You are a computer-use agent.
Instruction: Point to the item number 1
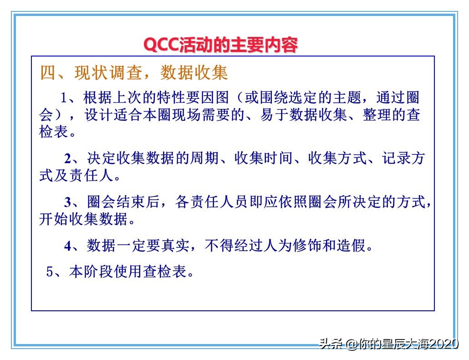click(64, 98)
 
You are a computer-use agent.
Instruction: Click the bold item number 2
click(68, 159)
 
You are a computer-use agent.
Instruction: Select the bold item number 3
click(68, 202)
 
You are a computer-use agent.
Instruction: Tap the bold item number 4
click(68, 246)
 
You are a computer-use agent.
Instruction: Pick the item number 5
click(50, 272)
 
